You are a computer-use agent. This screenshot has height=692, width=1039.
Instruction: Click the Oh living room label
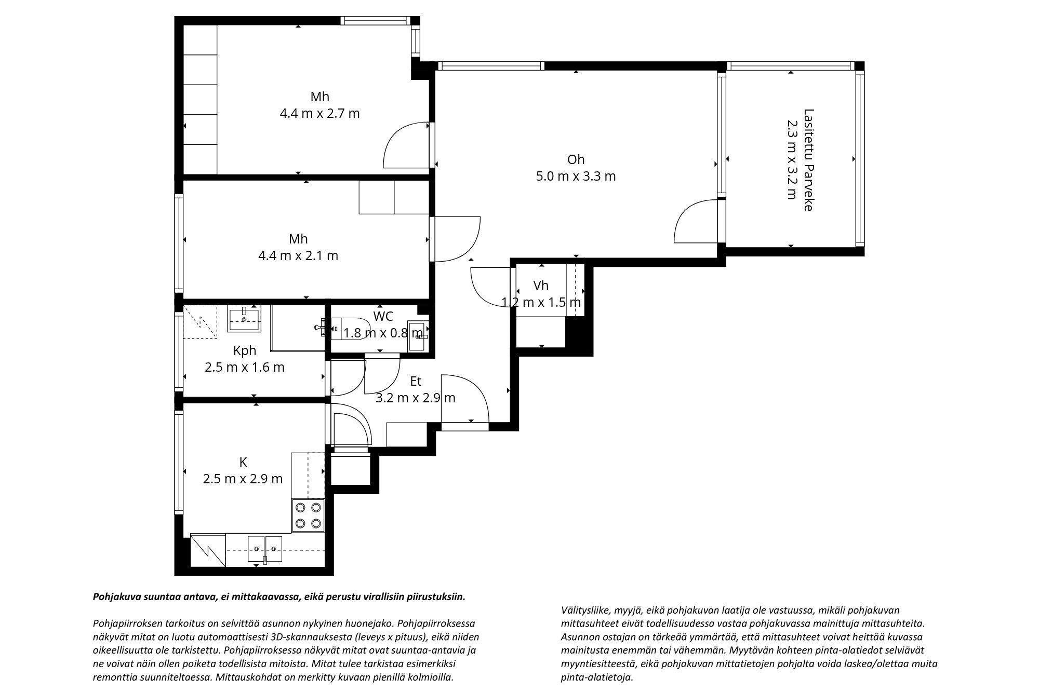click(576, 159)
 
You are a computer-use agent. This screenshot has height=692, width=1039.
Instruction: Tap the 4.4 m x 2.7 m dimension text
click(319, 113)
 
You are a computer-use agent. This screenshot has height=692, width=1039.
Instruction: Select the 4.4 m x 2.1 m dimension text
click(298, 255)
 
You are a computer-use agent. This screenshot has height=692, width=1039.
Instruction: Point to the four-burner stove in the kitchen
click(308, 515)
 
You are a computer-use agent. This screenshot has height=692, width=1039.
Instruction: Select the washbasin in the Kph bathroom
click(244, 319)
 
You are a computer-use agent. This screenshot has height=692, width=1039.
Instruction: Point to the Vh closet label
click(541, 286)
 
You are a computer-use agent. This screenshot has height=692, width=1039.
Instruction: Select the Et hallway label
click(416, 381)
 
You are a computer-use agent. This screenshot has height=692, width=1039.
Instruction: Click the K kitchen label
click(243, 462)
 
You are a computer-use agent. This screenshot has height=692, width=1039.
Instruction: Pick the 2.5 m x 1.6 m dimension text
click(244, 368)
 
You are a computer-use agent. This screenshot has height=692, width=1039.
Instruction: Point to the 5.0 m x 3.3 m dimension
click(576, 176)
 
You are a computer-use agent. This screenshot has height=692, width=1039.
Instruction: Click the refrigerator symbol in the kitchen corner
click(208, 550)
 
